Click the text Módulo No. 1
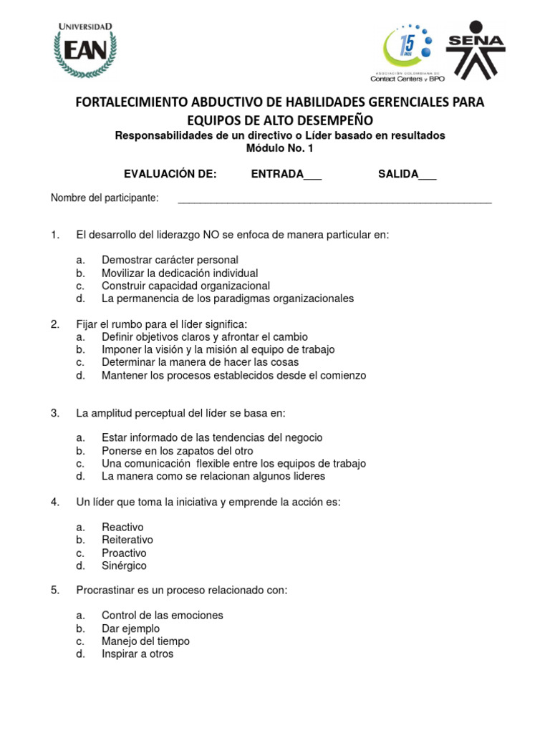(280, 149)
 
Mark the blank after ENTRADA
(312, 175)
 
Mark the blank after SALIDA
(427, 175)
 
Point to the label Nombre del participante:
(105, 198)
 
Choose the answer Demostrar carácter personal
(170, 260)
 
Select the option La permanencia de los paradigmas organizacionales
(228, 298)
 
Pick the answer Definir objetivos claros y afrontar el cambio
(205, 336)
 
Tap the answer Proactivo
(124, 553)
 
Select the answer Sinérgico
(124, 565)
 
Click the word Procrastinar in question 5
(105, 591)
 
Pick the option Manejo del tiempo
(145, 641)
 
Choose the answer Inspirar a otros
(137, 654)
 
